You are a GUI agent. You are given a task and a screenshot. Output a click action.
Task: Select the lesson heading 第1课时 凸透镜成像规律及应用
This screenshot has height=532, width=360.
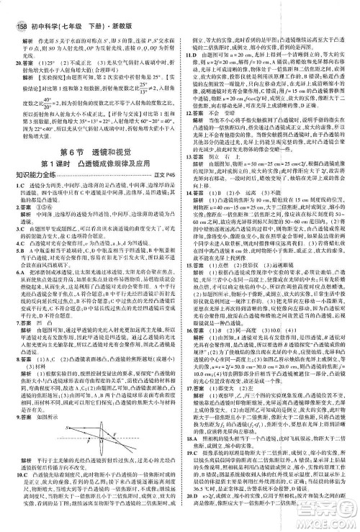pos(89,173)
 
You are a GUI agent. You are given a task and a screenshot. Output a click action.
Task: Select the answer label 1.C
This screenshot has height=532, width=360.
pos(14,197)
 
